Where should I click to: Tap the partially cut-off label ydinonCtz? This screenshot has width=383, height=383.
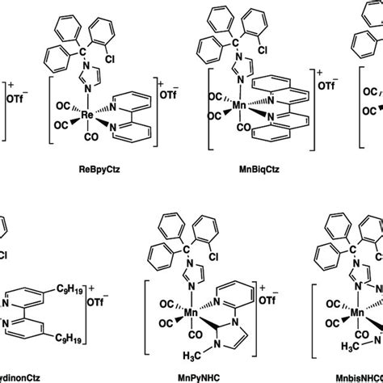23,376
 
